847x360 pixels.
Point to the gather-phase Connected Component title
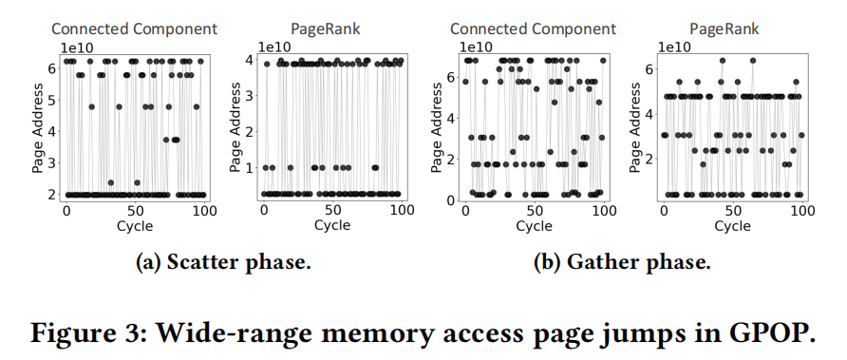[x=532, y=29]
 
